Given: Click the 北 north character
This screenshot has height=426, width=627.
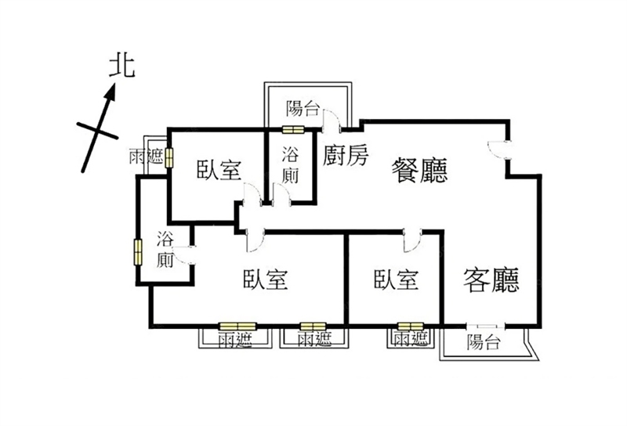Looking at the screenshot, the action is coord(122,66).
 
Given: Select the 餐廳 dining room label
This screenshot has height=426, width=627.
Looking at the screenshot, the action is coord(419,171).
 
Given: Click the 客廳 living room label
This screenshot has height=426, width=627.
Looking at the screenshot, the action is coord(491,280).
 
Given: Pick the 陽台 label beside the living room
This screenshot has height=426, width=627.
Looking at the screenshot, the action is coord(484,342).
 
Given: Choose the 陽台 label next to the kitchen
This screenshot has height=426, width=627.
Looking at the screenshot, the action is coord(303,108).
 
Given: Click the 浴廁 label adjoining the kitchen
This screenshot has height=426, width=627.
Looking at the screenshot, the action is coord(290,165).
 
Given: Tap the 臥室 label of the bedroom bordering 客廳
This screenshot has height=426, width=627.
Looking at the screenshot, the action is coord(397,280).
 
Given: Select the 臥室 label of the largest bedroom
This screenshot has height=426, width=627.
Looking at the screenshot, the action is coord(266,280).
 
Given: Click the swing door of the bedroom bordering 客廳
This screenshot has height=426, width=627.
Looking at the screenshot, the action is coord(412,240).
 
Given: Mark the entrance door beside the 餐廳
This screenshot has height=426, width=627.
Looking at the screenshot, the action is coord(499,150).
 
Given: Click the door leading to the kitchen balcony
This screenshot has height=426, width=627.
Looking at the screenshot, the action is coord(332,120).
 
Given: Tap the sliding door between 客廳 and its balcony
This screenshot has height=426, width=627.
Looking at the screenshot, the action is coord(485,326).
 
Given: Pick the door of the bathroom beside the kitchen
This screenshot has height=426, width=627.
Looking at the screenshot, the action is coord(281,194).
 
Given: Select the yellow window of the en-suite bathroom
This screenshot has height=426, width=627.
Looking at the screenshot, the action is coord(138,252).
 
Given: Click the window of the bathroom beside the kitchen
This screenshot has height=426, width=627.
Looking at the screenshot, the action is coord(293,129).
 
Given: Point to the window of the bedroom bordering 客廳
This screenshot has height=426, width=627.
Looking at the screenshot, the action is coord(411,327).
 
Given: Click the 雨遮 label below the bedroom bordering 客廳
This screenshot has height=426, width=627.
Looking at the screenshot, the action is coord(410,339).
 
